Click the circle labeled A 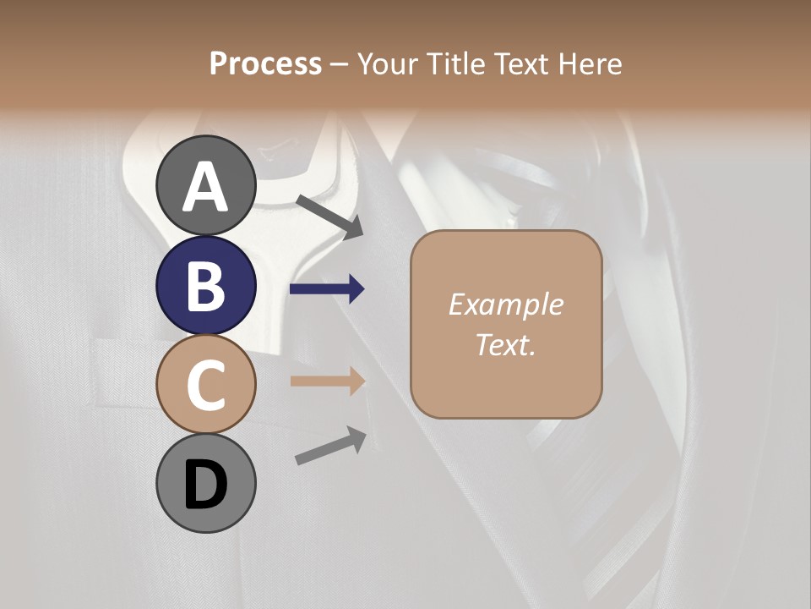coord(206,185)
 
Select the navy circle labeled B coord(206,285)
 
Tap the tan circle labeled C coord(206,384)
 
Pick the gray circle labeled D coord(206,483)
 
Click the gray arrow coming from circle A coord(329,216)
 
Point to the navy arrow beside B coord(327,289)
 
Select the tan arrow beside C coord(327,381)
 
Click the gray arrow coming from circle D coord(330,446)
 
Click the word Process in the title coord(266,63)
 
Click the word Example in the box coord(505,304)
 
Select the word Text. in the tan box coord(505,344)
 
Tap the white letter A coord(206,185)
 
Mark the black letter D coord(206,485)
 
